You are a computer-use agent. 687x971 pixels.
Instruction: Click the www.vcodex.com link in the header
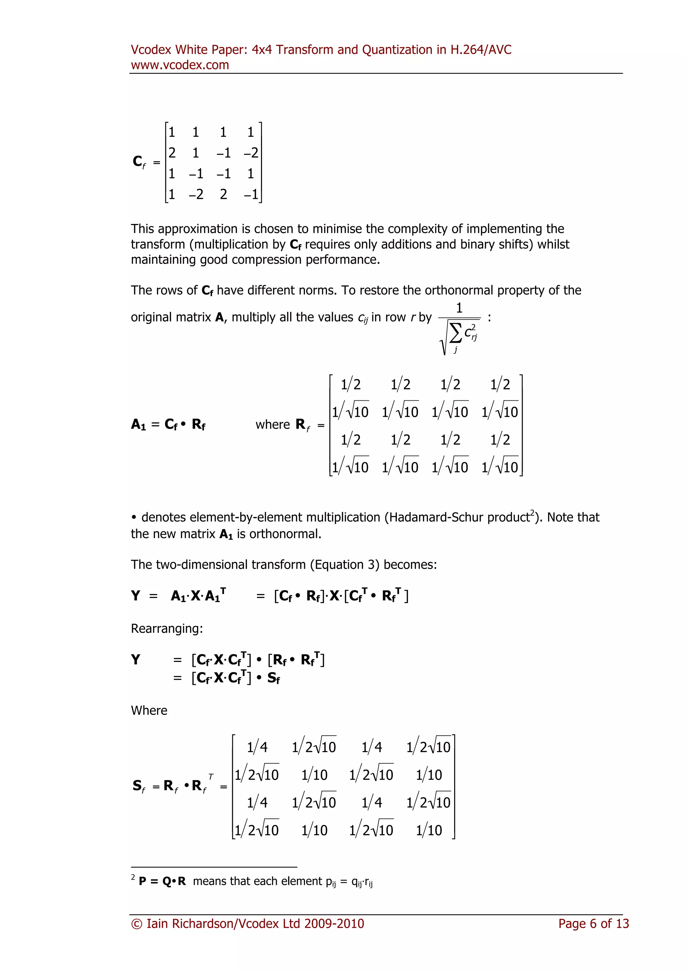point(180,65)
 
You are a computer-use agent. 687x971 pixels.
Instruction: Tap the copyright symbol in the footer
point(137,924)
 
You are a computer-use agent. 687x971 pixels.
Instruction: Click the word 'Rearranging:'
point(167,628)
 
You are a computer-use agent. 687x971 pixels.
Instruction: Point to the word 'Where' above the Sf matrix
point(149,710)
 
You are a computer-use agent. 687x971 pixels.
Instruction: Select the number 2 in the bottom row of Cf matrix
point(223,194)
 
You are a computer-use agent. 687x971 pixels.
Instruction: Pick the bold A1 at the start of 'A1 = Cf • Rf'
point(138,424)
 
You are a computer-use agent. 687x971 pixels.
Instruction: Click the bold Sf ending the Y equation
point(273,678)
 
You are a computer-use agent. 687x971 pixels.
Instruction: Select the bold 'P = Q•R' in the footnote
point(162,881)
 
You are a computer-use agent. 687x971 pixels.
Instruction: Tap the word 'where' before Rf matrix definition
point(272,424)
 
